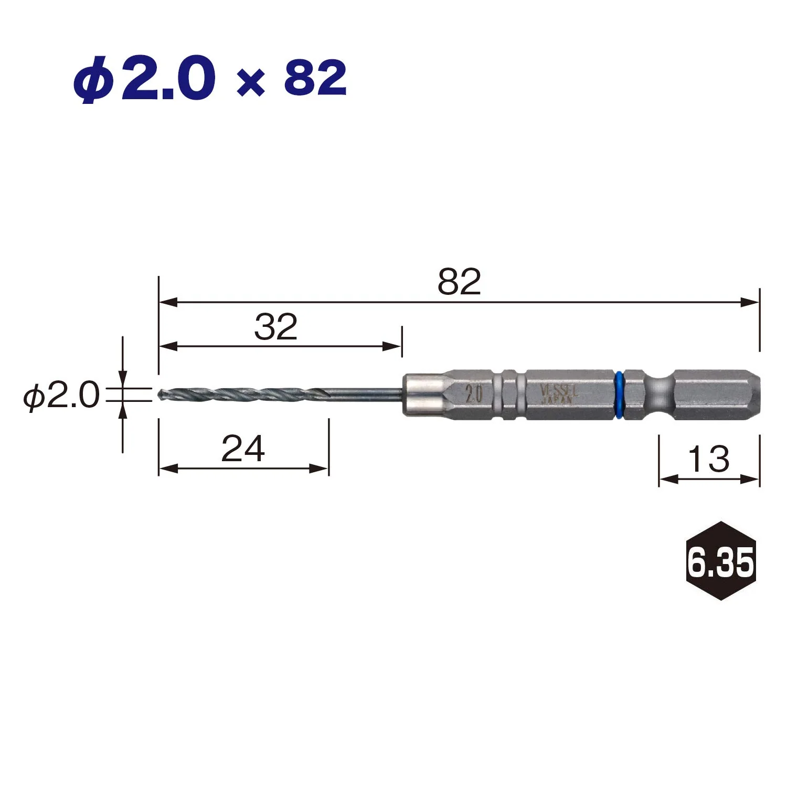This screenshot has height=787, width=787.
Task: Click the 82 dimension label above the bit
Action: coord(459,282)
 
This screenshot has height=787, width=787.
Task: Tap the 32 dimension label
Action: coord(276,327)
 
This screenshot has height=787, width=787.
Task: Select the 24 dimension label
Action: coord(243,449)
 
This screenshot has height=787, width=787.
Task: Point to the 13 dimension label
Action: coord(708,459)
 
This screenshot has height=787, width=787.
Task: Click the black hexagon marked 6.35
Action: coord(721,561)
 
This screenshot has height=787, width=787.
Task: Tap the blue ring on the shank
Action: coord(619,396)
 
